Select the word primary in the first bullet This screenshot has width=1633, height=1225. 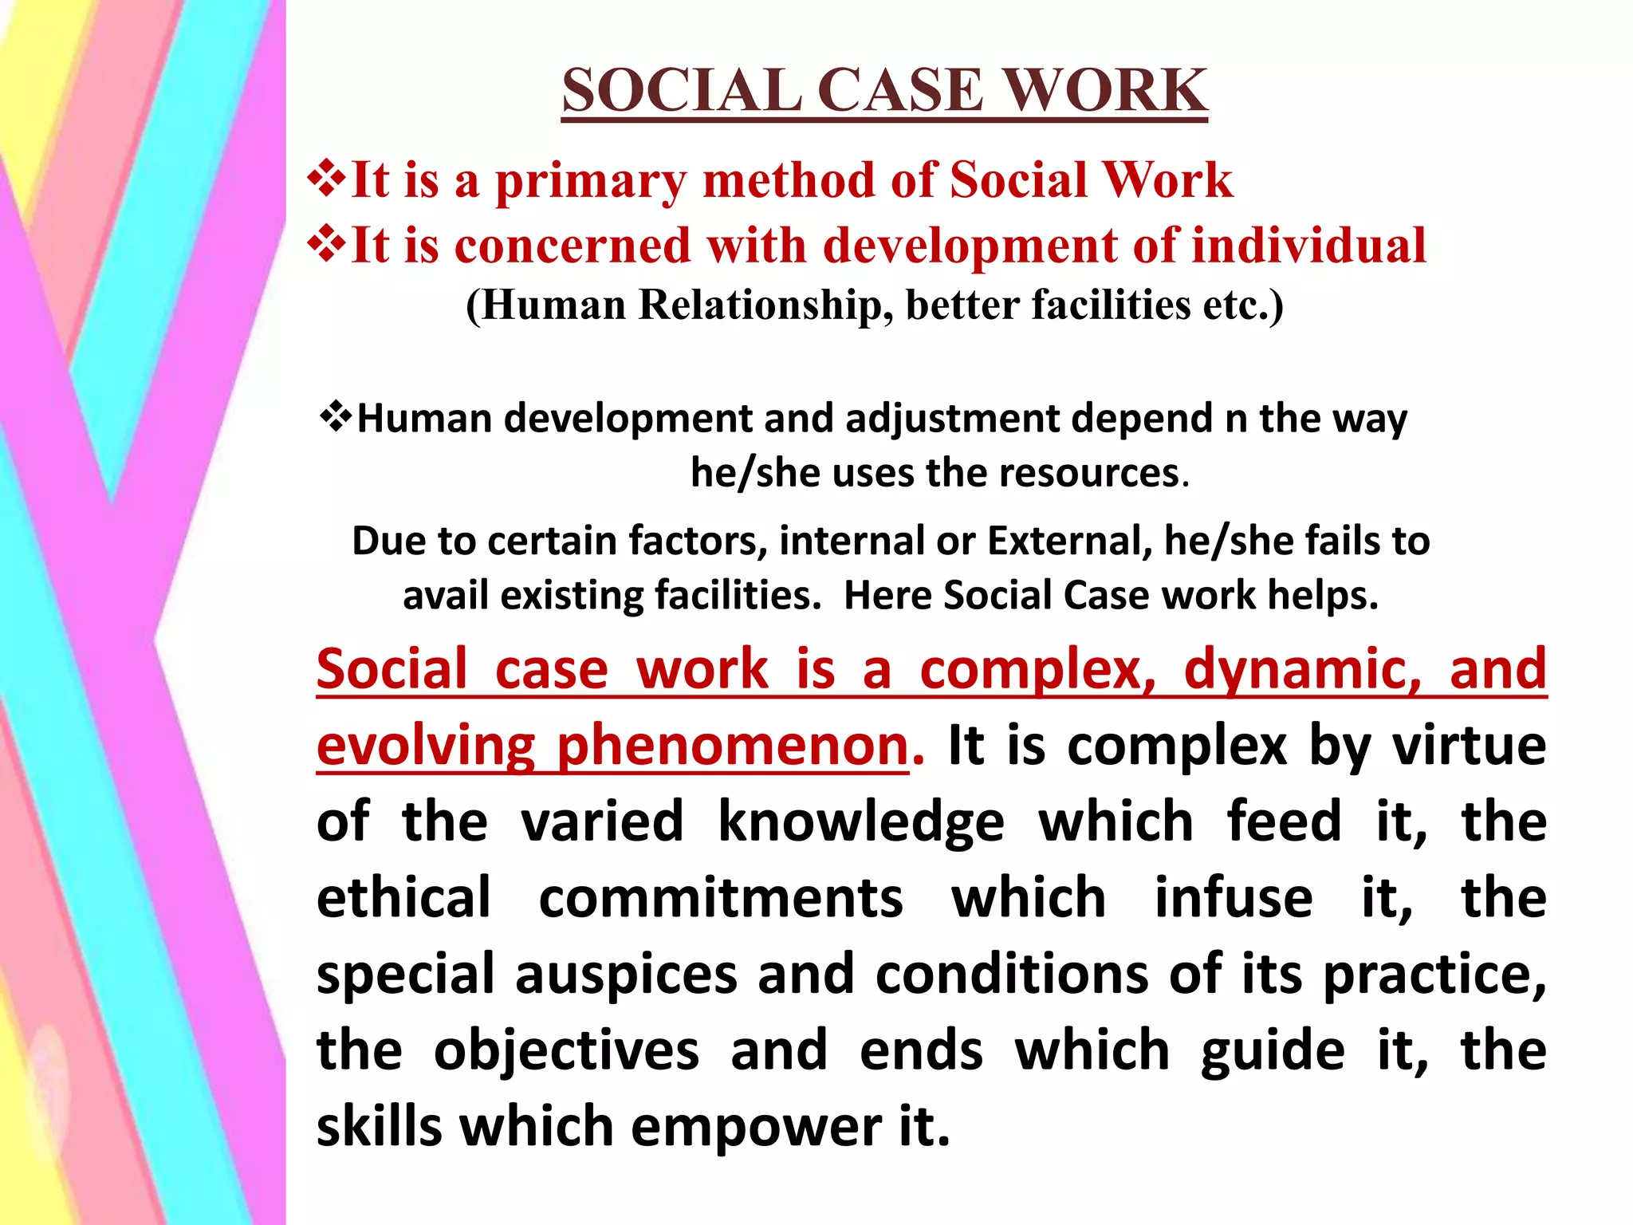point(590,181)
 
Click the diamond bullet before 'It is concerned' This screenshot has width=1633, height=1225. point(327,244)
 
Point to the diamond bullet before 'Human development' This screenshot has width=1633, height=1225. point(336,416)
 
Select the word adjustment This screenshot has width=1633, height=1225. point(952,419)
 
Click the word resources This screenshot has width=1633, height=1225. point(1089,473)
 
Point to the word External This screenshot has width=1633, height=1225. point(1069,541)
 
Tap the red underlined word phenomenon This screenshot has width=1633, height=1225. point(733,746)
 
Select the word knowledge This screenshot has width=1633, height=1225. point(861,822)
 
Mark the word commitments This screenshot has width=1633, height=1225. point(721,898)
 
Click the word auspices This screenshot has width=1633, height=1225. point(627,975)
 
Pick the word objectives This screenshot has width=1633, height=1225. point(566,1050)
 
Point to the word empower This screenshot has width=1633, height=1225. point(756,1126)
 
